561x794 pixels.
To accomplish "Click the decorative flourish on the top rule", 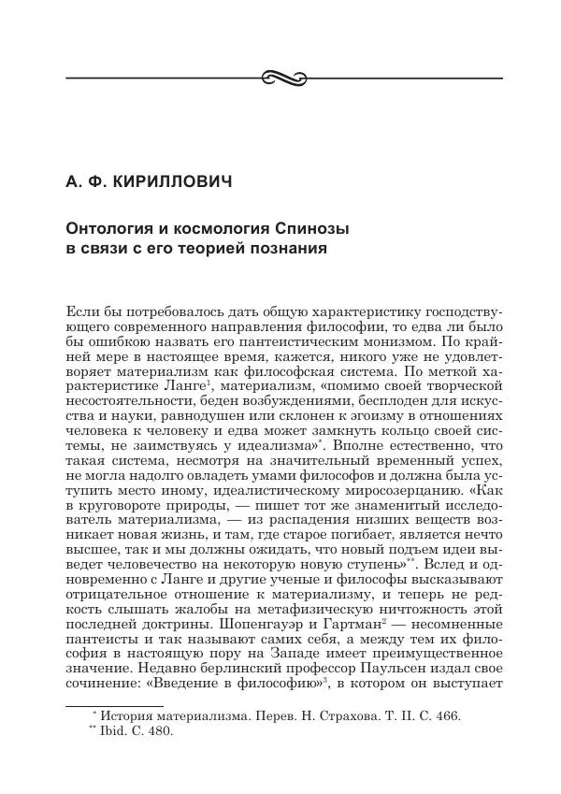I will coord(280,76).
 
